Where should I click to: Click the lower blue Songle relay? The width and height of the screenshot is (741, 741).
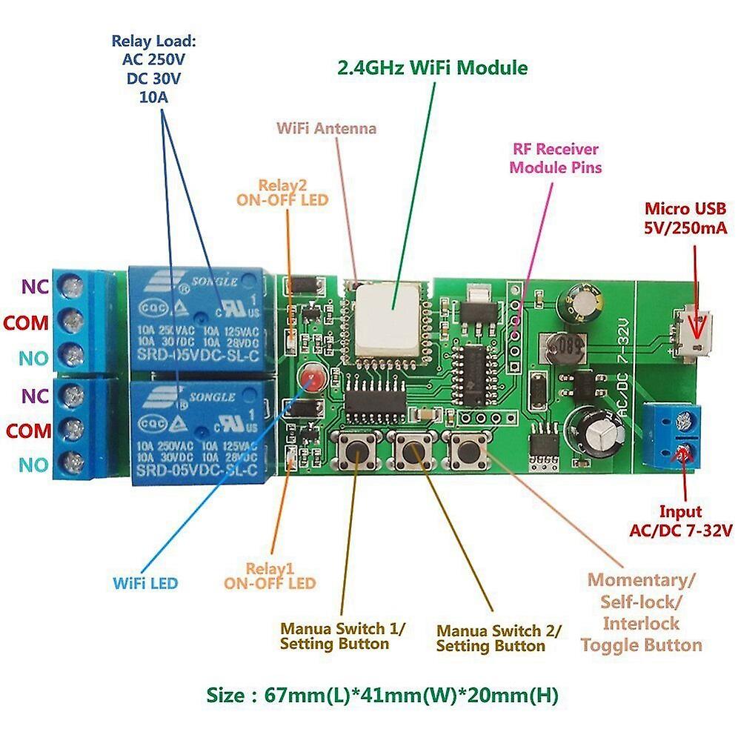pos(196,432)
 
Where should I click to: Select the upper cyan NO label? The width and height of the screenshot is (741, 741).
pos(34,358)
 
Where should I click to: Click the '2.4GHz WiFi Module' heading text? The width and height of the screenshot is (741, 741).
pos(433,68)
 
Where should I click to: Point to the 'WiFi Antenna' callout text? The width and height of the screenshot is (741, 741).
pos(326,127)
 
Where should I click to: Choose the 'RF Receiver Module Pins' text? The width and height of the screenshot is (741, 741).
pos(555,159)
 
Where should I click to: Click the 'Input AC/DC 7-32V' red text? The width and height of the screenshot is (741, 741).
pos(681,521)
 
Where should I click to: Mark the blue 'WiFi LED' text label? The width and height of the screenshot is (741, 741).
pos(145,582)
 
